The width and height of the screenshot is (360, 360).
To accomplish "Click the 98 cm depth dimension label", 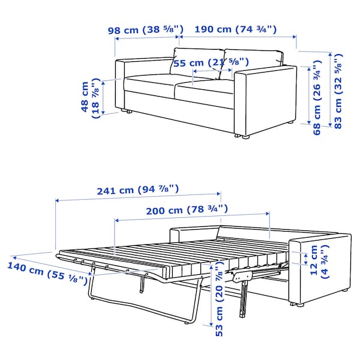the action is point(146,30).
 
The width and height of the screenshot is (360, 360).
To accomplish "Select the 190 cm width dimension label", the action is point(236,29).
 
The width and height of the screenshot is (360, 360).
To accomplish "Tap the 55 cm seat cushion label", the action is point(211,62).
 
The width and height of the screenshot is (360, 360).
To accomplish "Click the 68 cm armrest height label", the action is point(317,98).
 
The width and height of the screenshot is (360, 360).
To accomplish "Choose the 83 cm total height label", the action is point(338,91).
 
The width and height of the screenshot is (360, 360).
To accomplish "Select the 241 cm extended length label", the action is point(138,190).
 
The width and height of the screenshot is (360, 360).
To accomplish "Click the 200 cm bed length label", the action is point(187,210).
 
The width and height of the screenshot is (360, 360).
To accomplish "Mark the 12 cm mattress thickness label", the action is point(319,262).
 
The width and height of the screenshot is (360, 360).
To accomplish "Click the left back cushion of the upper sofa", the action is point(197,62).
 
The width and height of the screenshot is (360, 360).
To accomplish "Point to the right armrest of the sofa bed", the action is point(320,269).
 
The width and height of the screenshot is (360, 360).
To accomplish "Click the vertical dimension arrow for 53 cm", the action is point(211,295).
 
